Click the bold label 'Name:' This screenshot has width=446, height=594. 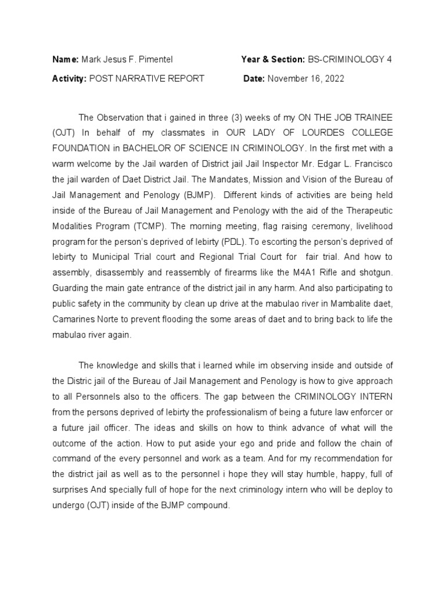[x=66, y=59]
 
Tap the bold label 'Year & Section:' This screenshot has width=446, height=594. [x=272, y=59]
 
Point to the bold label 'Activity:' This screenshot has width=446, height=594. [x=70, y=78]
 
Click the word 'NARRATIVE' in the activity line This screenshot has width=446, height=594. [x=139, y=78]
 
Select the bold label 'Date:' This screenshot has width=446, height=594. [x=254, y=78]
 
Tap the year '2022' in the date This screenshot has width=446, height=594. [x=333, y=78]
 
